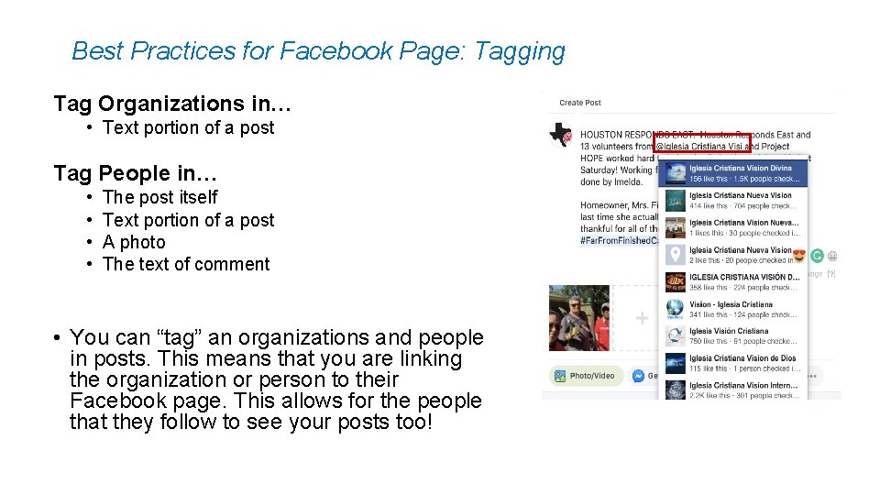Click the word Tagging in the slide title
520,51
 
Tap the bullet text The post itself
160,197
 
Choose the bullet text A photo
134,242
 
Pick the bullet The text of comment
186,264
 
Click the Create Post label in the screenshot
580,103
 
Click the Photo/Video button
586,376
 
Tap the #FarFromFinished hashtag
620,240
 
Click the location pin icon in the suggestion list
675,255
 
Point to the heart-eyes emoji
798,257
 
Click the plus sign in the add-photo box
642,319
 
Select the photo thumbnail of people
578,317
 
